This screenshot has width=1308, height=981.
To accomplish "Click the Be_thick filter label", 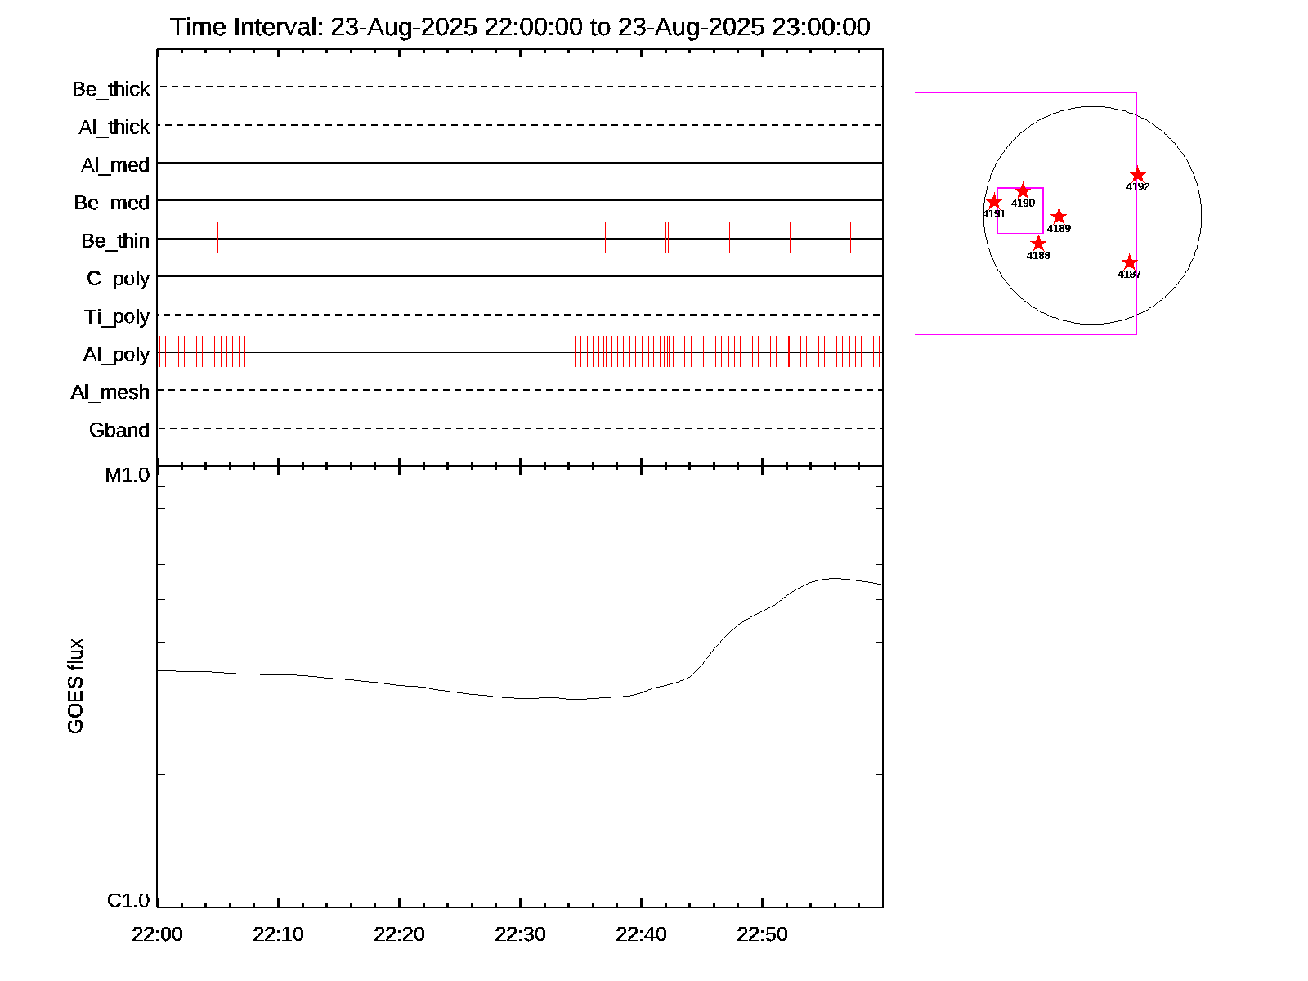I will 111,89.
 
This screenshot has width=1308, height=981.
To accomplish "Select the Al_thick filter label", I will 114,128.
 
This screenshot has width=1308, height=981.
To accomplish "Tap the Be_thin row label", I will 115,241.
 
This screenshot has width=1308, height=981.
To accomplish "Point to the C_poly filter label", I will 119,279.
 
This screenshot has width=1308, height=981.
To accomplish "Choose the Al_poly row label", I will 116,355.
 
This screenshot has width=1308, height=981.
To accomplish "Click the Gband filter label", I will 119,431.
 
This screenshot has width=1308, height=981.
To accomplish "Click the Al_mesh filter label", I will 110,392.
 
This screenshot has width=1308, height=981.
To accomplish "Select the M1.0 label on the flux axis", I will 128,475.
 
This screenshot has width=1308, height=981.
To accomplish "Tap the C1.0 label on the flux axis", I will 128,901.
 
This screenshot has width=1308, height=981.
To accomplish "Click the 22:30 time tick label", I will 520,934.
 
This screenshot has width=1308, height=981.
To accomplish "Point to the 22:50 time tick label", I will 762,934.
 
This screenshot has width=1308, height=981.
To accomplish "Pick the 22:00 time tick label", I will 157,934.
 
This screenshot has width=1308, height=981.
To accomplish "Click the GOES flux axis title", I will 76,687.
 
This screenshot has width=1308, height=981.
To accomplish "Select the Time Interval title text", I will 520,27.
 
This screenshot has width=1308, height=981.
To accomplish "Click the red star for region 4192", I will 1137,175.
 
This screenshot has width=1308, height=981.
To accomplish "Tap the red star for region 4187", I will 1129,262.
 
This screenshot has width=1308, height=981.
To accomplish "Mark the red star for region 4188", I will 1038,244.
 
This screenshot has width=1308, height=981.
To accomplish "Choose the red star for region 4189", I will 1059,217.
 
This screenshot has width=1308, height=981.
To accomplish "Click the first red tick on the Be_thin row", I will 217,238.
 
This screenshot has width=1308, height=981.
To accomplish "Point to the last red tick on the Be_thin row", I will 850,238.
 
